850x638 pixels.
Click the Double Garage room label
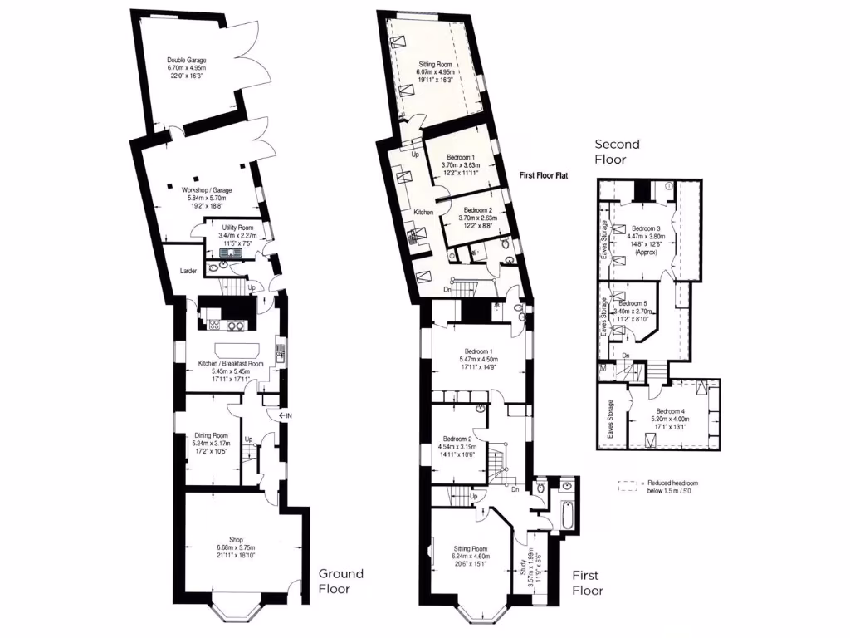tap(186, 61)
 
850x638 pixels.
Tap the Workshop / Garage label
tap(207, 190)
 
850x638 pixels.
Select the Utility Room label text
tap(237, 228)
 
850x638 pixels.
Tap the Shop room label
tap(237, 539)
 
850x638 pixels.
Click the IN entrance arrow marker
tap(285, 415)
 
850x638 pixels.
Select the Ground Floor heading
tap(341, 581)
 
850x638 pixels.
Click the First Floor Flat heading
tap(543, 176)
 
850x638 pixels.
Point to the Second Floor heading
tap(617, 151)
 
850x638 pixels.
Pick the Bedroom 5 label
tap(633, 304)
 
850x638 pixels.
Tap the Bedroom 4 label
tap(671, 411)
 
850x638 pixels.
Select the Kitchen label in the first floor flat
tap(424, 213)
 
